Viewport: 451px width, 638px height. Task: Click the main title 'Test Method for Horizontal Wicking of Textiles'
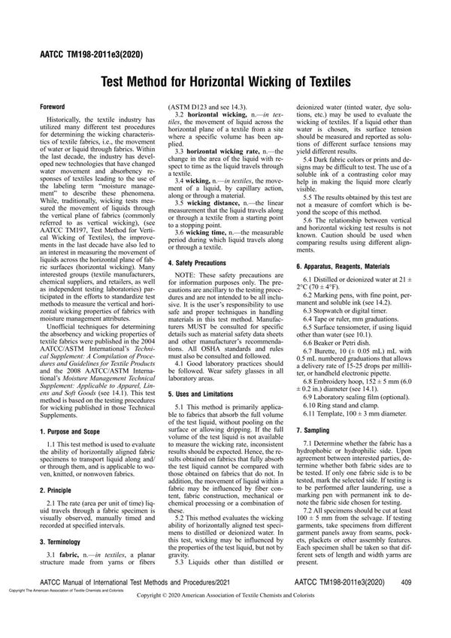tap(225, 80)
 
